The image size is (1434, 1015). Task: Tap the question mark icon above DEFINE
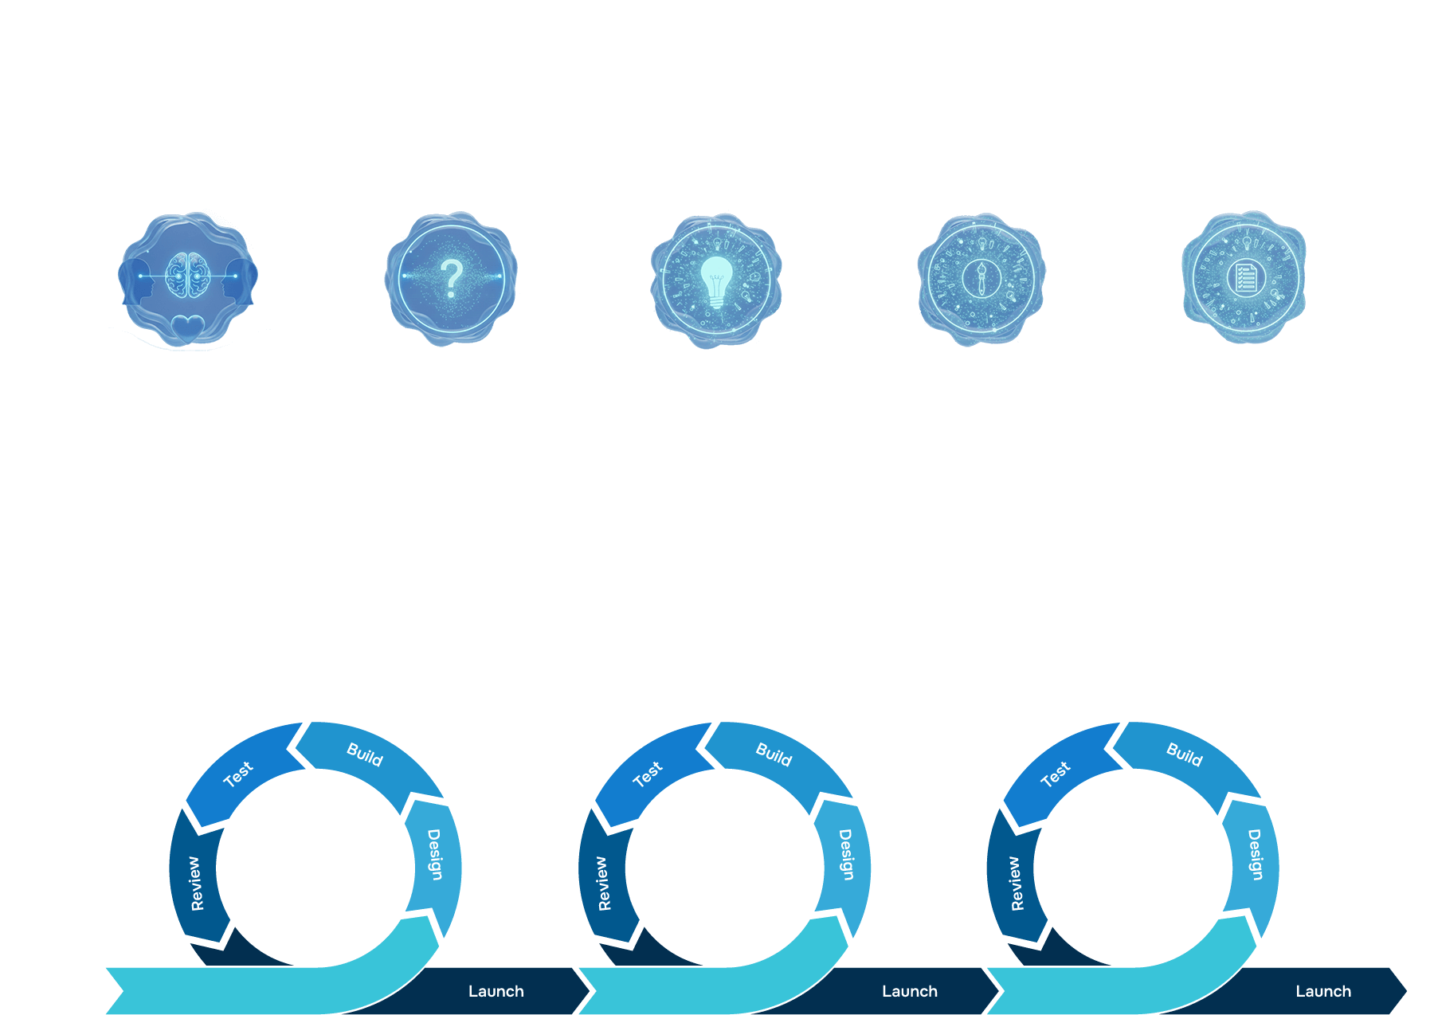[452, 278]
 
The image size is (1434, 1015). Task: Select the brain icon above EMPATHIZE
[187, 275]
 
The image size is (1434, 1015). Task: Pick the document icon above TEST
[1245, 278]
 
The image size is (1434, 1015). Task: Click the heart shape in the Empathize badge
[188, 327]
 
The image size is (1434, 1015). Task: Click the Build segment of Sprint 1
[365, 754]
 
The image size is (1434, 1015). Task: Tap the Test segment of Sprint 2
[648, 774]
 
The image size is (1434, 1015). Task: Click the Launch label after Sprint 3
[1323, 991]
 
